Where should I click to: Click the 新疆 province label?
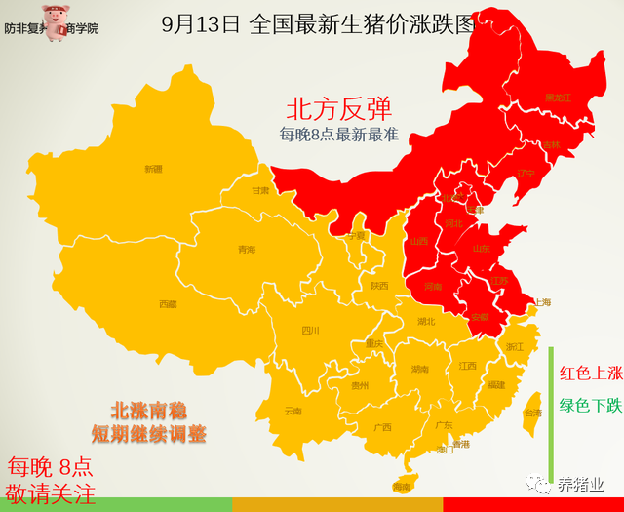click(153, 169)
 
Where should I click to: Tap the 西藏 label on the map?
click(168, 304)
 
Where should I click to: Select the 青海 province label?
click(246, 250)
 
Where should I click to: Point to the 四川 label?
click(310, 330)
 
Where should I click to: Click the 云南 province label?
click(293, 411)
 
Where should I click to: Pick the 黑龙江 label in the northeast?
click(558, 98)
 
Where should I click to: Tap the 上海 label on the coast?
click(542, 302)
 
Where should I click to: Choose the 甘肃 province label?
click(260, 191)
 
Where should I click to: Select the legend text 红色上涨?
click(590, 373)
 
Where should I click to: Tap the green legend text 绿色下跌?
click(590, 406)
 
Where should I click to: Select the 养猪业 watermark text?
click(580, 485)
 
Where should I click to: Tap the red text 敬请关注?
click(51, 492)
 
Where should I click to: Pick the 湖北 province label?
click(425, 321)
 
